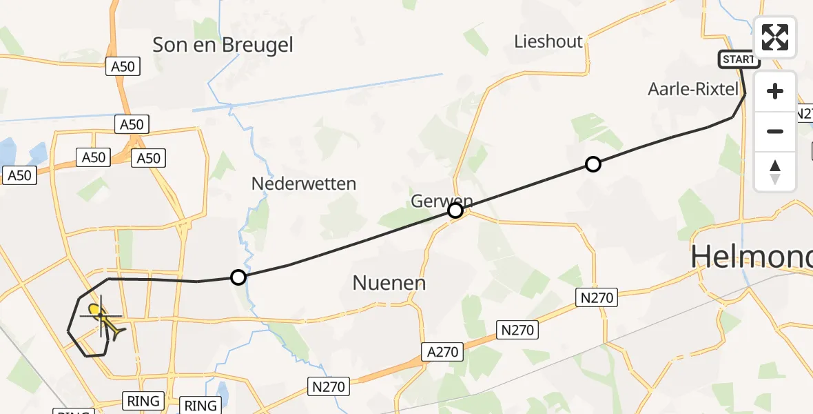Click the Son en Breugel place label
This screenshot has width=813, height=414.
(223, 46)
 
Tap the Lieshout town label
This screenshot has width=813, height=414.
(548, 41)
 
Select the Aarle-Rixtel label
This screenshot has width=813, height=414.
(693, 89)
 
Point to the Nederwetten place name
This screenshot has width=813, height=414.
(304, 184)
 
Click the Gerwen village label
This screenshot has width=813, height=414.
(441, 201)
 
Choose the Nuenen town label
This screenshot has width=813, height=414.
(389, 282)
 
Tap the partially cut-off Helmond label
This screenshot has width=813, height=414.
(751, 256)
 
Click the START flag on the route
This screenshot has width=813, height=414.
(739, 59)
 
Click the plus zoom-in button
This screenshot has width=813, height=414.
(775, 91)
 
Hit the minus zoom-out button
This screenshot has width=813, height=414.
(775, 131)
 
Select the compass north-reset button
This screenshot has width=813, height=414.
(775, 171)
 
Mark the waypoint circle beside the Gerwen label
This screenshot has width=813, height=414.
(455, 210)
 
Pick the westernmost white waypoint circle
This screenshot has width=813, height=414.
(238, 277)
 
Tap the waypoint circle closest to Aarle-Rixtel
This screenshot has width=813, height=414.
(593, 164)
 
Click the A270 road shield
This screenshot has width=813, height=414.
(442, 352)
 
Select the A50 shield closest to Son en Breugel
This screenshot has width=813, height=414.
(123, 67)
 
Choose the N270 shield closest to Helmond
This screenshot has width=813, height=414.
(597, 298)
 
